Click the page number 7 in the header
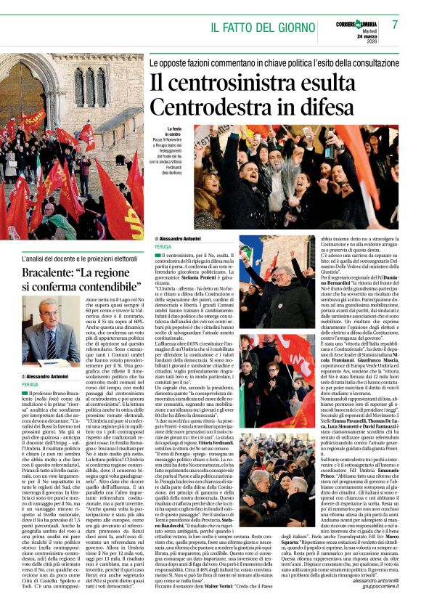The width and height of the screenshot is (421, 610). [395, 25]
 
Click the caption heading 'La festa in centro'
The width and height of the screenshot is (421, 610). [173, 131]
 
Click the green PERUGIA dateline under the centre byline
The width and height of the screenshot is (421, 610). [165, 246]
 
